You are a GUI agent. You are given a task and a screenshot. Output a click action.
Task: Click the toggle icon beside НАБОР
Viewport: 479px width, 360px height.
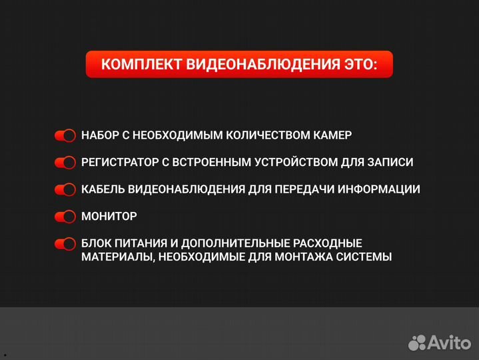coord(65,135)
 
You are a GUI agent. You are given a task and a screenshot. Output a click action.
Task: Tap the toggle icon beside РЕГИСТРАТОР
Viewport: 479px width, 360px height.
coord(65,163)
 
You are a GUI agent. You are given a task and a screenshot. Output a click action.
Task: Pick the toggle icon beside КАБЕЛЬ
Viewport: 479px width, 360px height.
coord(65,190)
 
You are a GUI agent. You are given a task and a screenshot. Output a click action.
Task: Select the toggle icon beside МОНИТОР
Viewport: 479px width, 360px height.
coord(65,217)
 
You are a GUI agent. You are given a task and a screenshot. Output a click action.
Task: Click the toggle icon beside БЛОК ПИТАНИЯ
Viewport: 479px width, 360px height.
coord(65,244)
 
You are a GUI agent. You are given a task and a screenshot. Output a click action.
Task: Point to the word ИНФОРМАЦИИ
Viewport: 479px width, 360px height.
coord(378,189)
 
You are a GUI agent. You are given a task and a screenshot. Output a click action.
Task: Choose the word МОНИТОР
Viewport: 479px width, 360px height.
coord(109,217)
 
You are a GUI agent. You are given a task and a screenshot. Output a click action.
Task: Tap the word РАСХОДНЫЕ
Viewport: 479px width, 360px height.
coord(329,243)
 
